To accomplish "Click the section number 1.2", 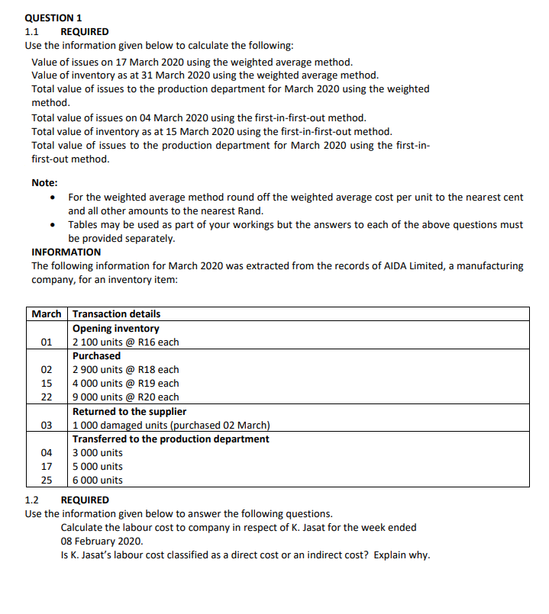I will tap(31, 500).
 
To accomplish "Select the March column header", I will tap(47, 313).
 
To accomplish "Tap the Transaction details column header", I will tap(116, 313).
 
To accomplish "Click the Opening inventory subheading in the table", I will tap(115, 328).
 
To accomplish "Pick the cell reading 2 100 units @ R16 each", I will tap(125, 342).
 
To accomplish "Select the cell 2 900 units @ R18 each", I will tap(125, 369).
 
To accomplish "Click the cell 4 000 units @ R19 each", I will tap(125, 383).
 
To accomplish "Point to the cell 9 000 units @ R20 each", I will tap(125, 397).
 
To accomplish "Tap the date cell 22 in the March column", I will tap(47, 397).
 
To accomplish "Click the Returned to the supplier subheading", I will tap(129, 411).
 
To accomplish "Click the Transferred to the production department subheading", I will tap(170, 439).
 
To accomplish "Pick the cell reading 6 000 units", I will tap(97, 480).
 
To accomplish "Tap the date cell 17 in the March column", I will tap(47, 466).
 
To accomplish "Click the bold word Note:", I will tap(44, 182).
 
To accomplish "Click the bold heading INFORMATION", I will tap(66, 252).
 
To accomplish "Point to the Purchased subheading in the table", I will tap(96, 355).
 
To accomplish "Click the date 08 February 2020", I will tap(102, 541).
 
